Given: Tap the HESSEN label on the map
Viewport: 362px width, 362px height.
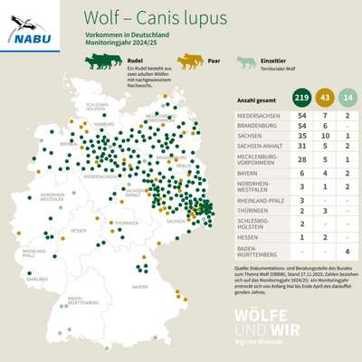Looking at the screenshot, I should tap(80, 231).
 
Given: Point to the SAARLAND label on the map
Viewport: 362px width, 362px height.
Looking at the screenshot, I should tap(37, 280).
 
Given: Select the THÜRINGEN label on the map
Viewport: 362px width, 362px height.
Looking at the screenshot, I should tap(126, 223).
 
